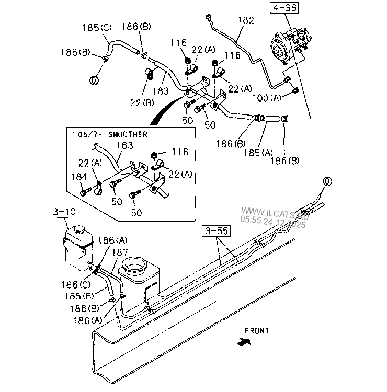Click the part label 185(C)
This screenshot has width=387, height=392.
(x=97, y=27)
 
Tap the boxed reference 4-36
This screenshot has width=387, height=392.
(x=283, y=7)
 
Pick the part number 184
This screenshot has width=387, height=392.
(x=79, y=178)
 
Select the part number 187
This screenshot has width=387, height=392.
(x=119, y=252)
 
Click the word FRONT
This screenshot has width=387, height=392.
(x=256, y=330)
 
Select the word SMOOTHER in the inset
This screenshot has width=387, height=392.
(x=127, y=134)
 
